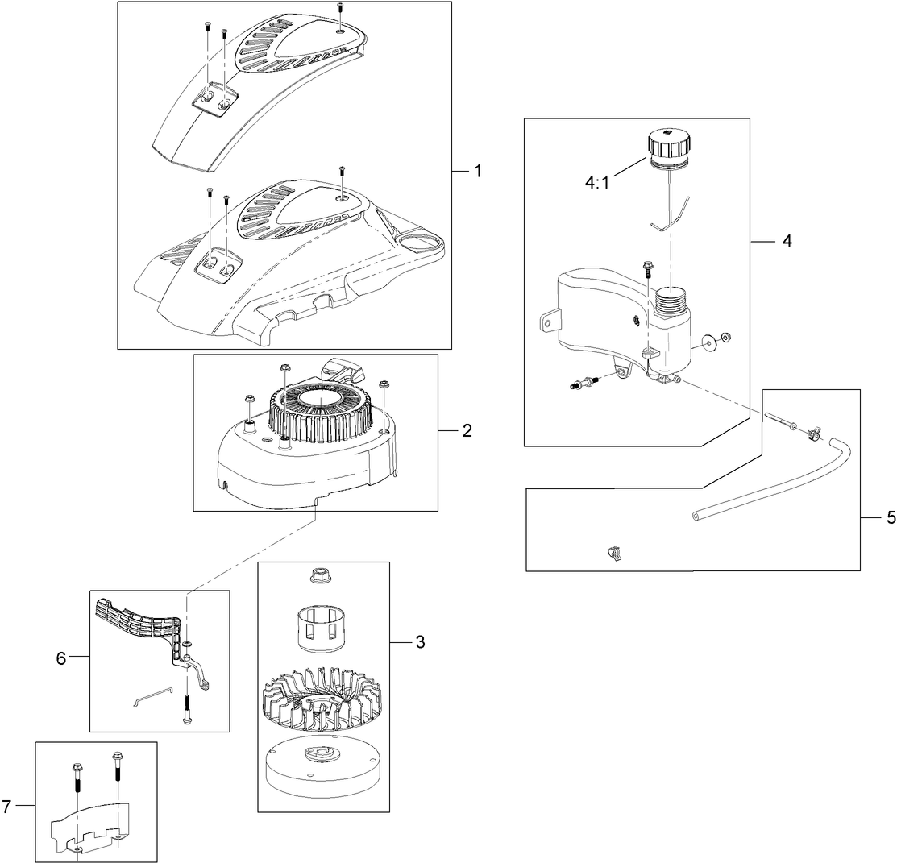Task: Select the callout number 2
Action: pos(467,431)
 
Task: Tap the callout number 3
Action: pos(421,642)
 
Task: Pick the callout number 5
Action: pos(891,517)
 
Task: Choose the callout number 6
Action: pos(60,658)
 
